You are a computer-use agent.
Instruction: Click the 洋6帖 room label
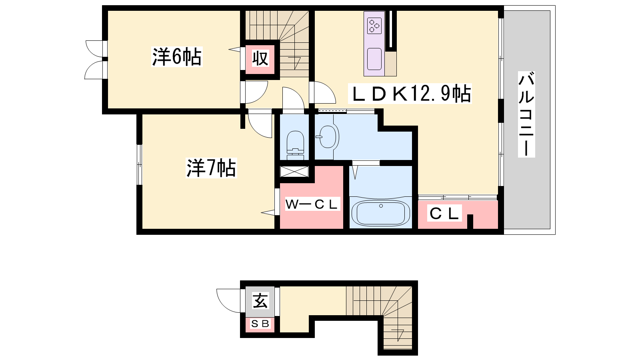(177, 57)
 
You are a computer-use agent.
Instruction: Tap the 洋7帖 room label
(211, 168)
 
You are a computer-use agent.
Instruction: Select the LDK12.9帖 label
(410, 94)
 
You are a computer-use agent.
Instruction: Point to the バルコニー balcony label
(526, 114)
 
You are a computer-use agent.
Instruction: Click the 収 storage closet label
(260, 58)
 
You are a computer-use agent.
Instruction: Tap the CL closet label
(444, 213)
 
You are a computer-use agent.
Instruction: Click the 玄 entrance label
(260, 301)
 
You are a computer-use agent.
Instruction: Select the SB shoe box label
(260, 324)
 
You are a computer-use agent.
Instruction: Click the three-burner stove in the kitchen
(374, 26)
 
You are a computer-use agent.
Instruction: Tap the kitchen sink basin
(374, 59)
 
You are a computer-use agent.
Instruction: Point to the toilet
(296, 145)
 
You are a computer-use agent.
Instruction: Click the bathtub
(380, 213)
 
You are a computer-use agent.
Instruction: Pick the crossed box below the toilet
(294, 172)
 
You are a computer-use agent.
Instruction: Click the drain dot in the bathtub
(381, 206)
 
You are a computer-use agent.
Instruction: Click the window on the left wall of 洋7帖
(139, 164)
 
